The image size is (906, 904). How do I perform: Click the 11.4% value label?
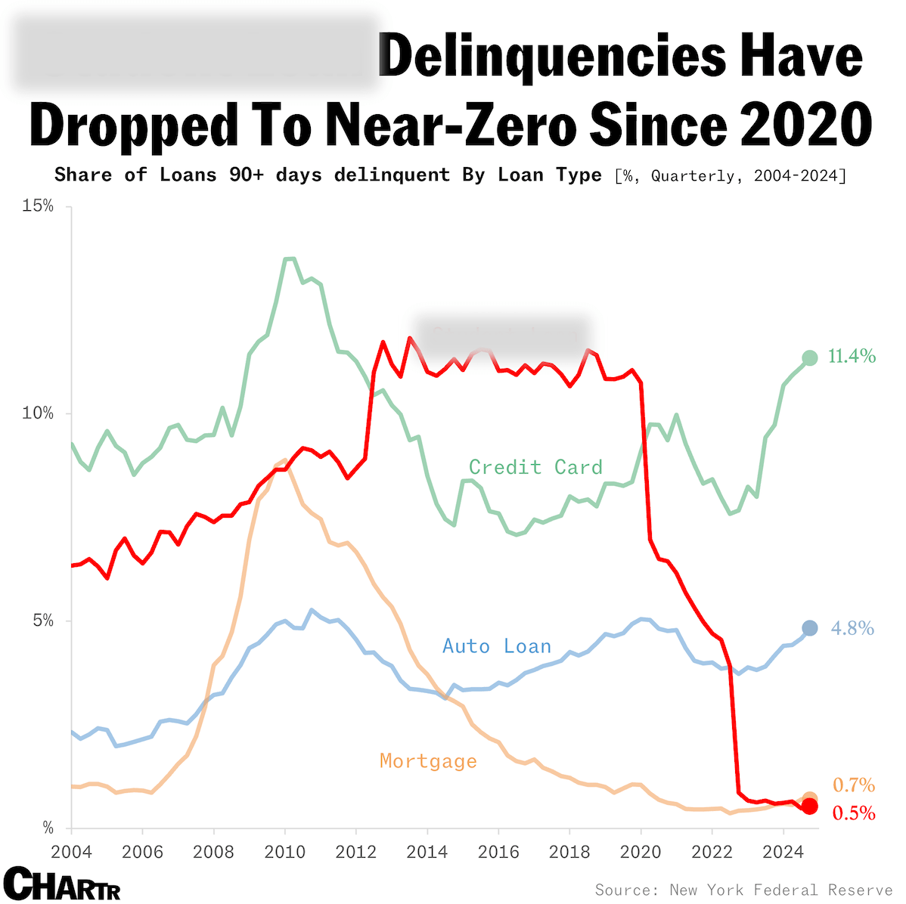coord(852,356)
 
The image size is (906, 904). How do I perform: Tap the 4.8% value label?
coord(852,628)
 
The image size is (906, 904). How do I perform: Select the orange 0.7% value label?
coord(854,785)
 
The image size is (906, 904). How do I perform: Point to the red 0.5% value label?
coord(854,813)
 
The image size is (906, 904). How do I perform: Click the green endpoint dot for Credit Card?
coord(809,358)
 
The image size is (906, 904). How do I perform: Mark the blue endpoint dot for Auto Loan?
coord(809,628)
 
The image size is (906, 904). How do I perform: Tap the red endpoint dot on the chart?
coord(809,806)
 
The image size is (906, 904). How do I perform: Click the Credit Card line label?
coord(535,467)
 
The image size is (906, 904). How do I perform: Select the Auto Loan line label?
coord(496,646)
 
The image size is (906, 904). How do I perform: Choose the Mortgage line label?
coord(428,761)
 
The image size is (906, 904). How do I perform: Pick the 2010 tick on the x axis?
coord(284,852)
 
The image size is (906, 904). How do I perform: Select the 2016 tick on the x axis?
coord(498,852)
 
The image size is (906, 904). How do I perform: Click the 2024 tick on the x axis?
coord(783,852)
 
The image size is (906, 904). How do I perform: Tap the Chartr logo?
coord(62,884)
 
